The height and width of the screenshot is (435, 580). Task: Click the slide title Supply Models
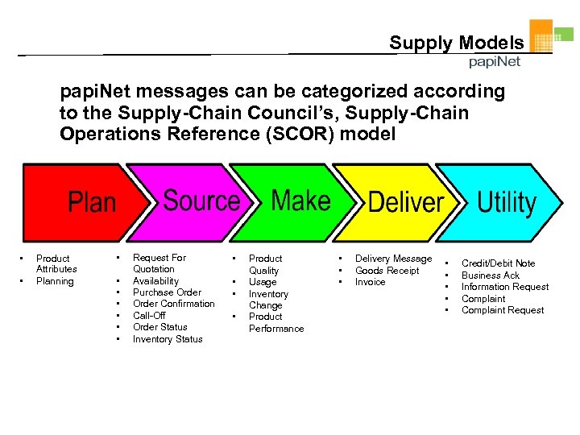(456, 43)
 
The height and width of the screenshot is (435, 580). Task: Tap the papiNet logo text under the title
(495, 62)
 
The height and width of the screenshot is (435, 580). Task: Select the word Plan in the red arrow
(92, 202)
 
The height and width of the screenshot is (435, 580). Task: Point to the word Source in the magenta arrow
(201, 201)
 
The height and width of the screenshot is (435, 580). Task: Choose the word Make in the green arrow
(300, 201)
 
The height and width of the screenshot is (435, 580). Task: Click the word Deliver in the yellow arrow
(406, 202)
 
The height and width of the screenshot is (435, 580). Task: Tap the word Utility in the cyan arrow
(507, 202)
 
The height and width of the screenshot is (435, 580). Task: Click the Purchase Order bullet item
(167, 292)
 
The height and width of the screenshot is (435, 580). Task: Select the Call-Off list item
(149, 316)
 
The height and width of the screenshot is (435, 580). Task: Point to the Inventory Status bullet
(168, 339)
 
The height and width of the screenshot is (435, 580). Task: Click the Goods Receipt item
(387, 271)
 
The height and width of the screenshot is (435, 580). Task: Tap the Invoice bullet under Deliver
(370, 282)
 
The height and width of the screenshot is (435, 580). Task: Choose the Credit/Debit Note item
(498, 263)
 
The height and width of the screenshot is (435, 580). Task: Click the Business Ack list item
(490, 275)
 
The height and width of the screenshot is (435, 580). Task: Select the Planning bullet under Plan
(55, 281)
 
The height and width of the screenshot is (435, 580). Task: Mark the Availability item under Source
(155, 281)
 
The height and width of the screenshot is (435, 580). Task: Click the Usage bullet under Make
(263, 282)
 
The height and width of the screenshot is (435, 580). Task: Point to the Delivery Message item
(393, 259)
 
